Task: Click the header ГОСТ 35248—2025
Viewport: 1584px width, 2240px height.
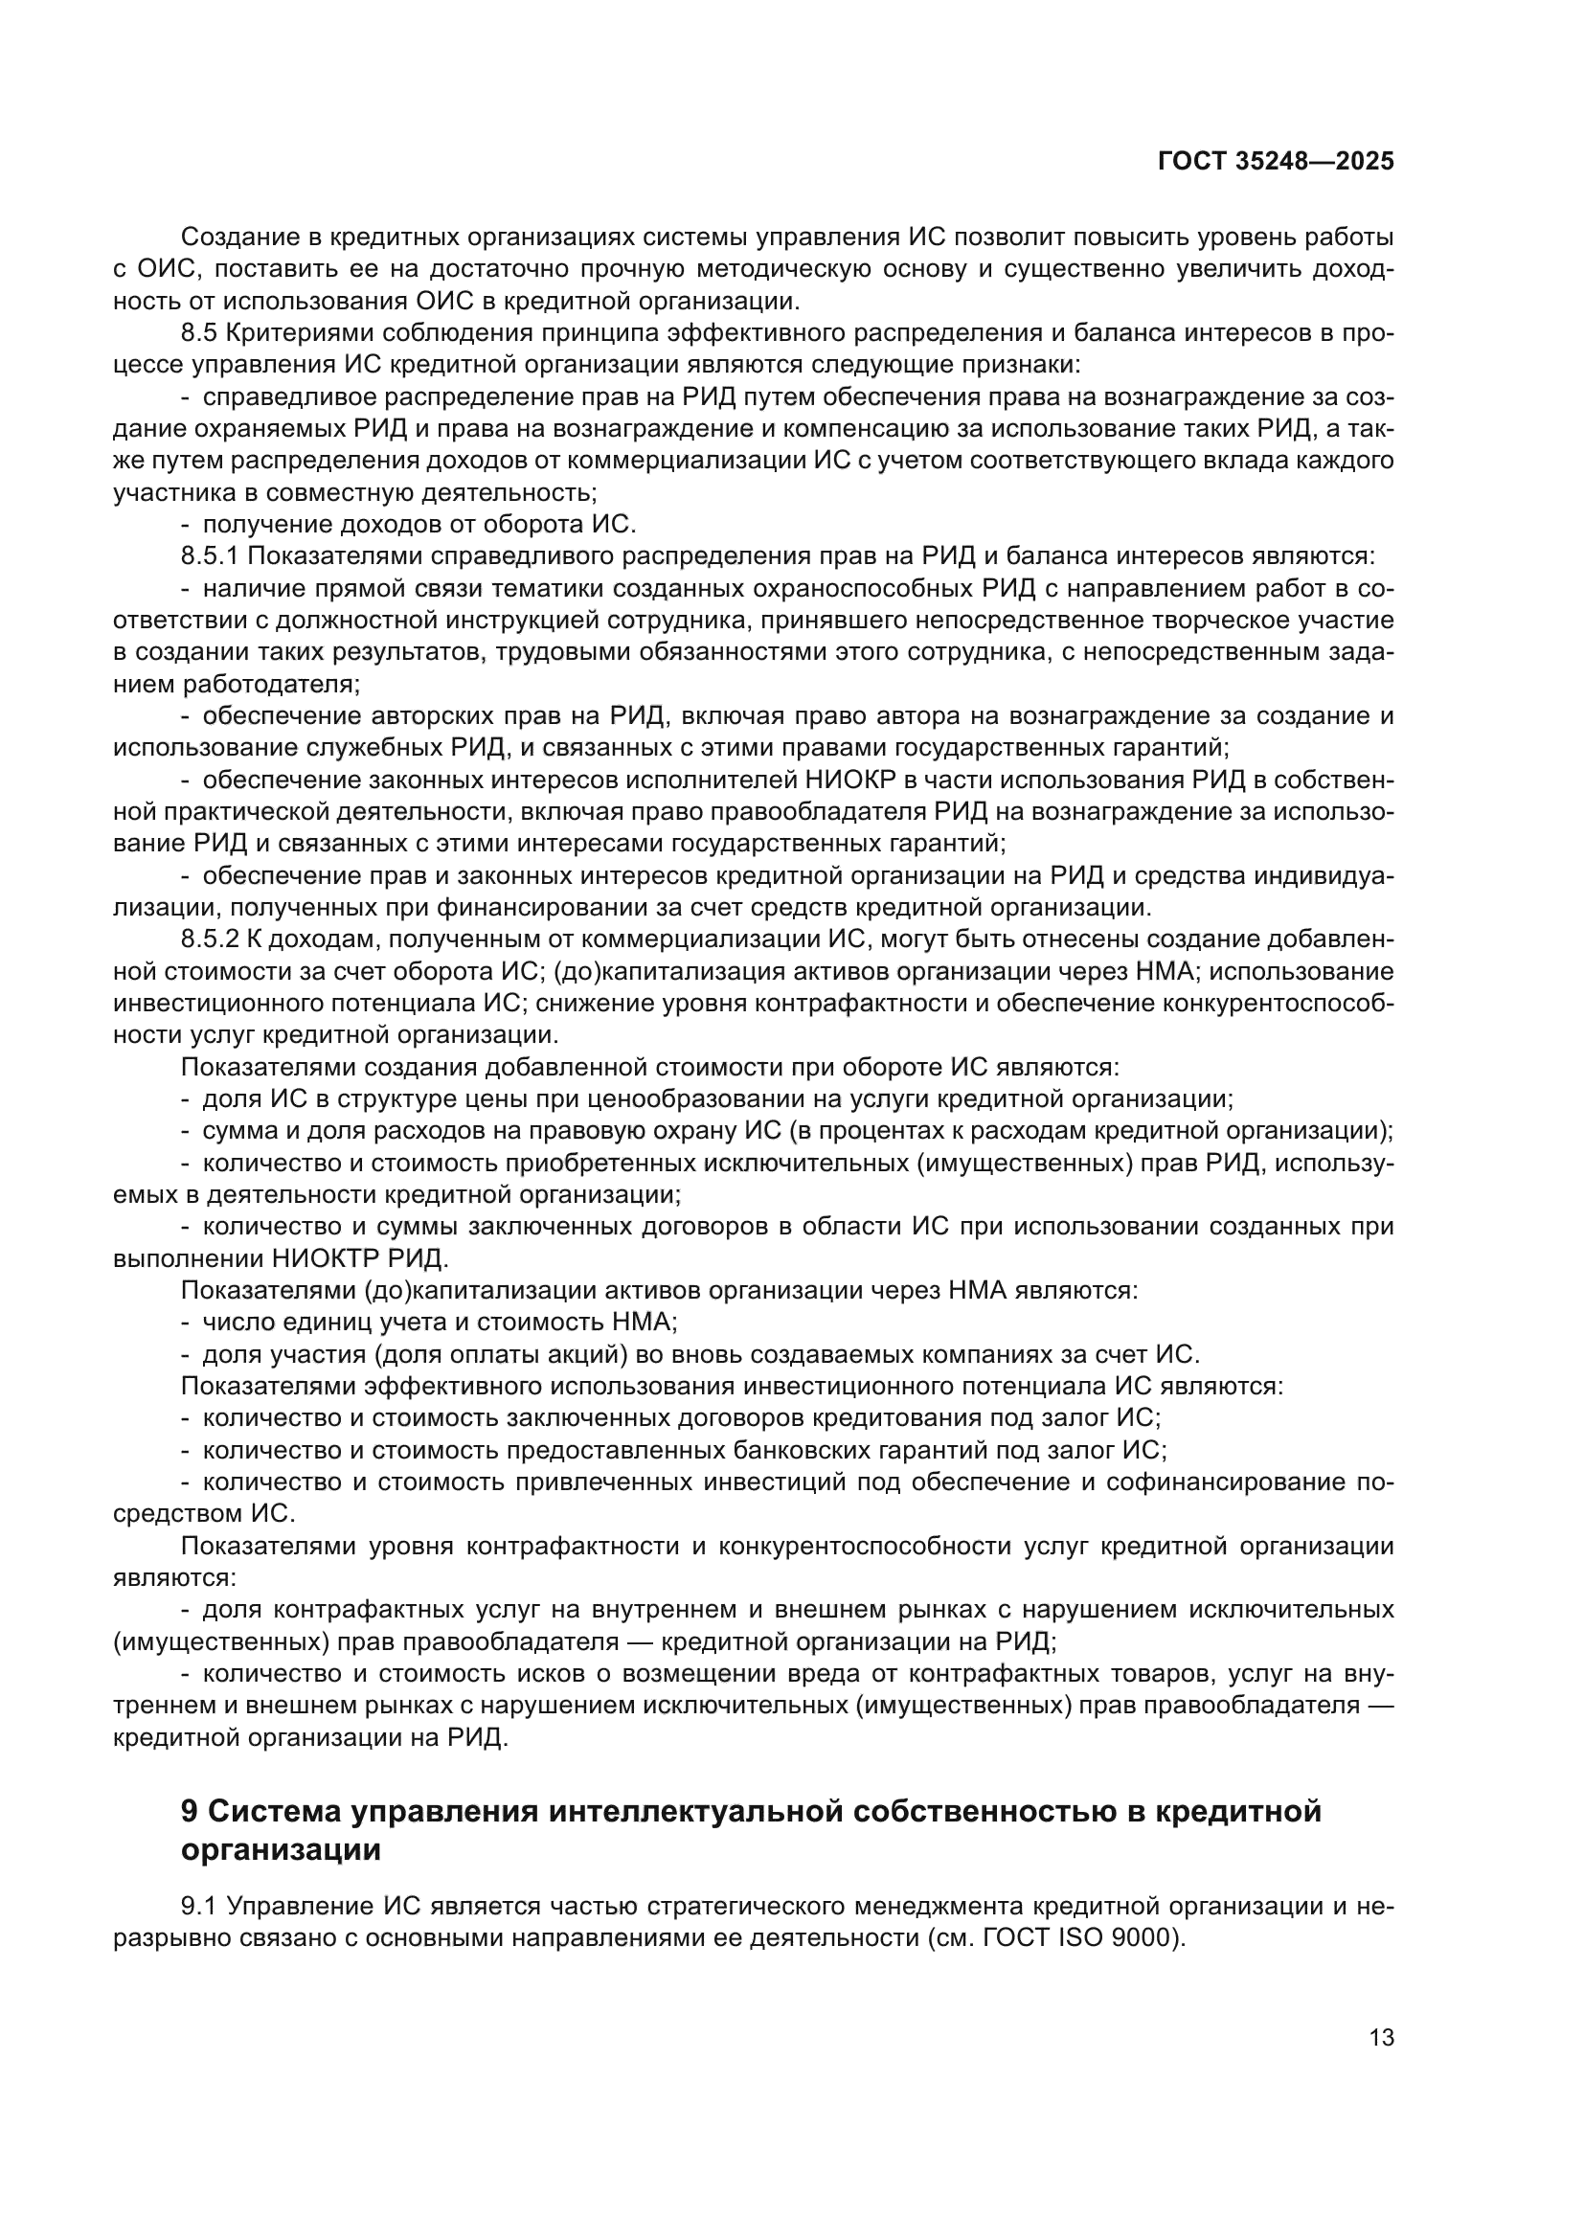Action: [1275, 162]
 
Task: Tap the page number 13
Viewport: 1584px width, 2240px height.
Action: [1381, 2037]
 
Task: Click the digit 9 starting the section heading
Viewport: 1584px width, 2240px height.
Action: [191, 1811]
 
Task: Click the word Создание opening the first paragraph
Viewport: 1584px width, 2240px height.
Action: [244, 238]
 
